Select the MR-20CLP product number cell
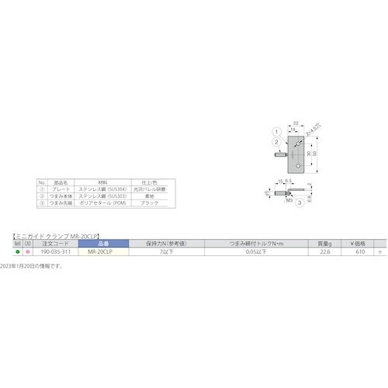click(x=100, y=252)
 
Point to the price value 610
click(x=360, y=252)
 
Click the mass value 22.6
click(x=325, y=252)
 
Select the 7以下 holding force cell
click(x=162, y=252)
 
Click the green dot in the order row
click(x=18, y=252)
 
